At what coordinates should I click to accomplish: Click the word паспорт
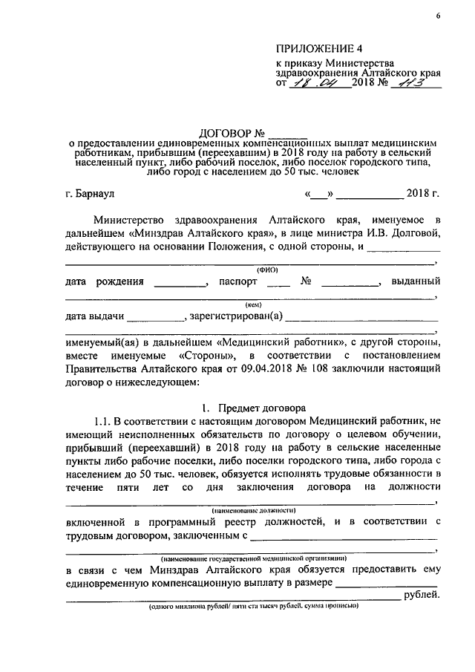tap(239, 282)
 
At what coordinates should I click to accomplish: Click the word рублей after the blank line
tap(421, 596)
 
